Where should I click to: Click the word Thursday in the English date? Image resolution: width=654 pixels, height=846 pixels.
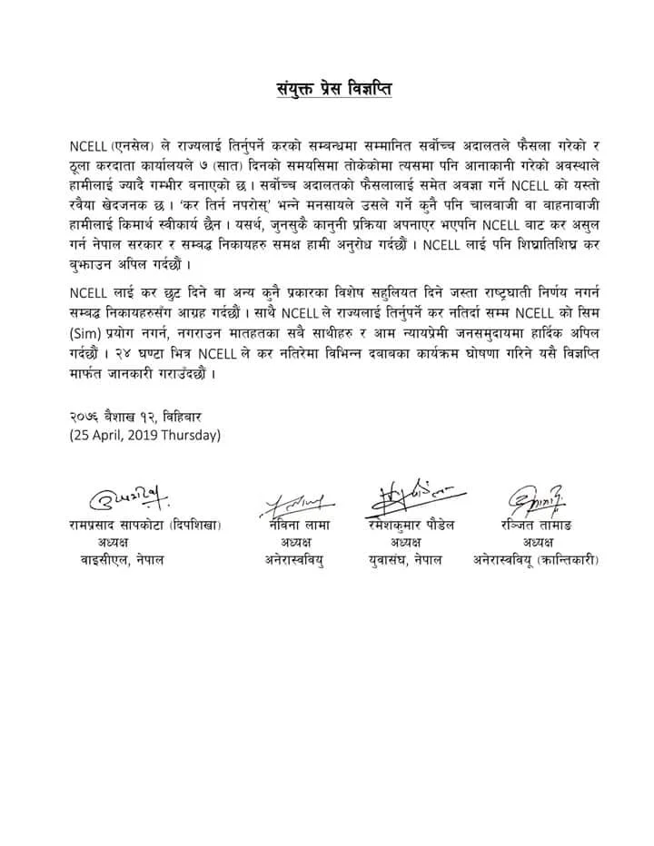coord(187,434)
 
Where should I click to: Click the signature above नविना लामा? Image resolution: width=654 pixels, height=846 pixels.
coord(299,498)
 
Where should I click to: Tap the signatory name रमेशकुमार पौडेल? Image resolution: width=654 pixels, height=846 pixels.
coord(406,525)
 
